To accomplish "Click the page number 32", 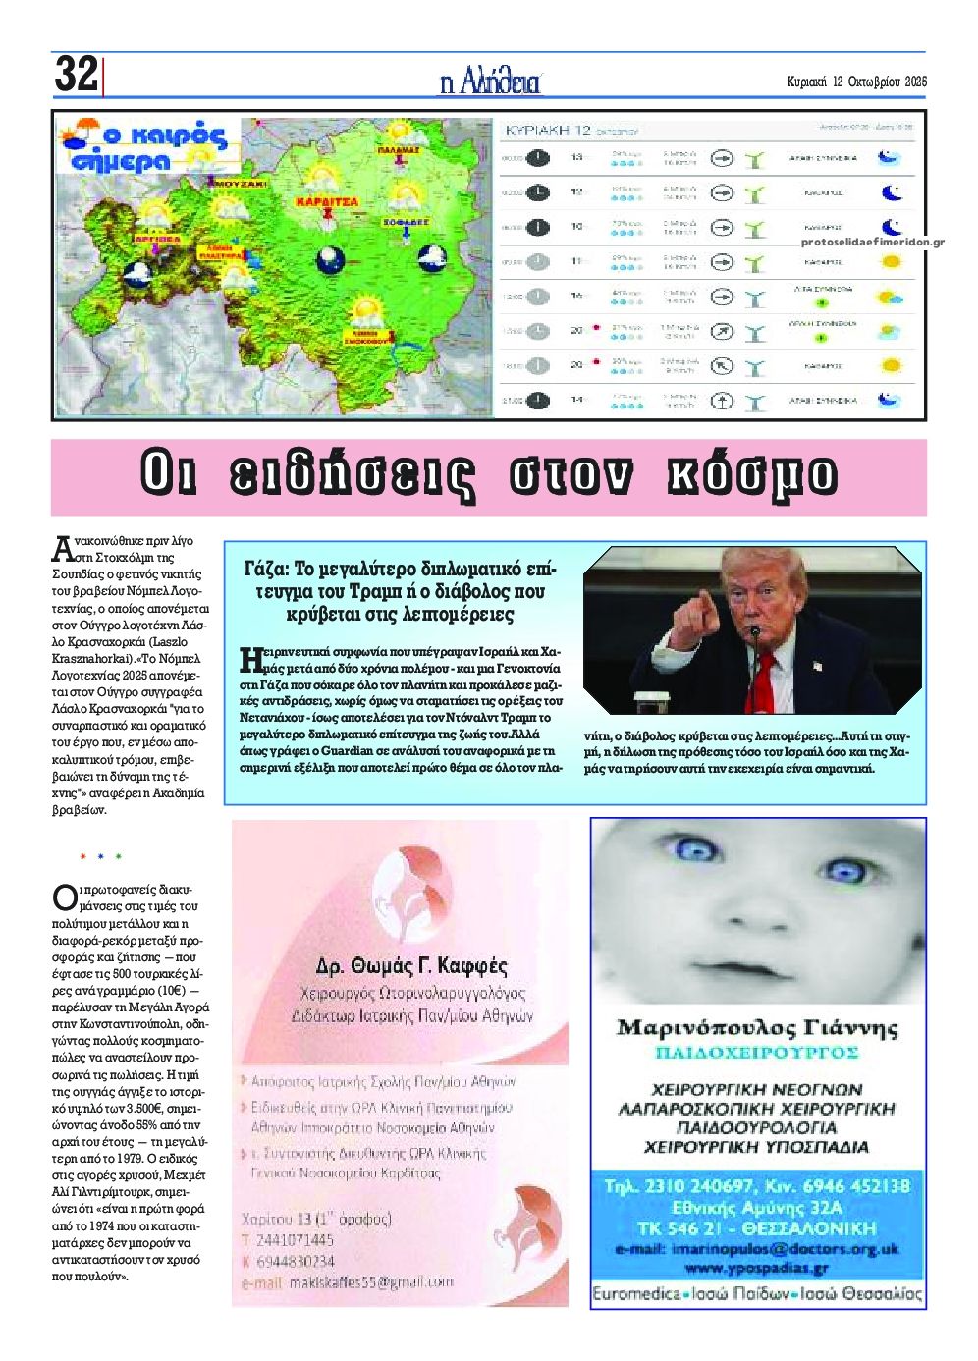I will pos(76,75).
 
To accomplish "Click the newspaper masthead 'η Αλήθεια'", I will pos(490,82).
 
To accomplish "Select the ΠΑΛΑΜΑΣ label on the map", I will pos(399,150).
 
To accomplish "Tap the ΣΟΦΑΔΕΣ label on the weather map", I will pos(407,223).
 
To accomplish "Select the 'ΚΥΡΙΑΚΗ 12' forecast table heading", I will pos(547,130).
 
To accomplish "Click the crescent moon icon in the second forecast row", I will pos(890,192).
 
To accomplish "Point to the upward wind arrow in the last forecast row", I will pos(722,401).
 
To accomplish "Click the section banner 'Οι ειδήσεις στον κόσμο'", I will pos(489,476).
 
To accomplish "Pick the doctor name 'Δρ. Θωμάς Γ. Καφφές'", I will pos(411,965).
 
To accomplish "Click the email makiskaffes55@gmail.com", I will pos(359,1282).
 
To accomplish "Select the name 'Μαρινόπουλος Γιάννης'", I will pos(756,1028).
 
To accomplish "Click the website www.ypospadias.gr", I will pos(756,1268).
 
